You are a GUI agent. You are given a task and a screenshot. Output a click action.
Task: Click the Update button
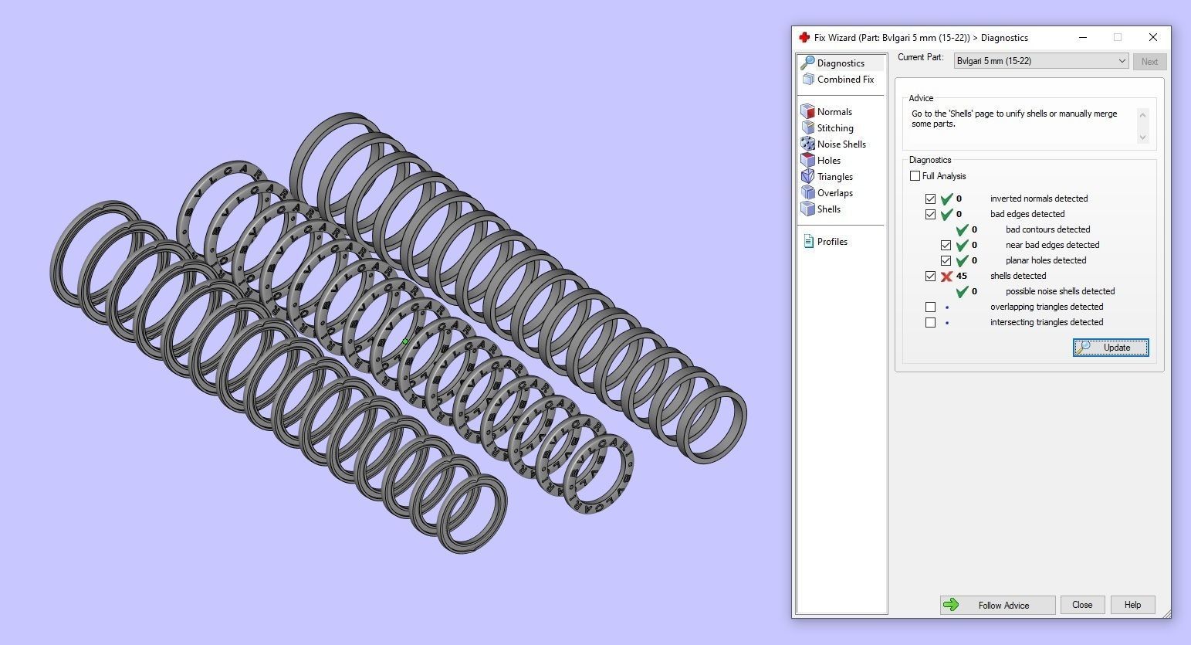[x=1110, y=348]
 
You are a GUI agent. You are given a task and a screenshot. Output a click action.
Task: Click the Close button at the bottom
[x=1081, y=605]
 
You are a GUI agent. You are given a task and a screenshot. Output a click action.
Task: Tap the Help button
[x=1132, y=605]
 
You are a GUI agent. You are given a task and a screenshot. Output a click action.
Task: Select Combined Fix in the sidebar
[x=844, y=80]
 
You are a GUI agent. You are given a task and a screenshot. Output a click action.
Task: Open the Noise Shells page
[x=841, y=144]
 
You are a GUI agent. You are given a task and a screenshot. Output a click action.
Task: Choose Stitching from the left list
[x=834, y=128]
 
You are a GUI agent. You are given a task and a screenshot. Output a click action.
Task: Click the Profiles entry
[x=831, y=242]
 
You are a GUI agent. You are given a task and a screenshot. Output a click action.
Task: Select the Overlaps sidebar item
[x=834, y=193]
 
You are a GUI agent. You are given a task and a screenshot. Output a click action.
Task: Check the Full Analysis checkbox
[x=915, y=176]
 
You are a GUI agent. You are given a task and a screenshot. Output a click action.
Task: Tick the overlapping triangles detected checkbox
[x=930, y=307]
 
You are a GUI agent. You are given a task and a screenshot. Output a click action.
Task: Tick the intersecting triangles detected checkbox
[x=930, y=323]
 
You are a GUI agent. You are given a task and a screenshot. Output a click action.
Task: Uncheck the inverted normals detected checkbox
[x=930, y=199]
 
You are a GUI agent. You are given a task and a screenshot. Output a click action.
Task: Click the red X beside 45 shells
[x=946, y=277]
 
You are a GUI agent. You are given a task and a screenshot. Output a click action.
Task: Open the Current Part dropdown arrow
[x=1122, y=61]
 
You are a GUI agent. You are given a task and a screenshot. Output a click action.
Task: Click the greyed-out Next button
[x=1149, y=62]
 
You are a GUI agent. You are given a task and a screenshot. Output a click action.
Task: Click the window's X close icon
[x=1152, y=37]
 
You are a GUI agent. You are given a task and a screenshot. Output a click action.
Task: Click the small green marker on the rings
[x=405, y=341]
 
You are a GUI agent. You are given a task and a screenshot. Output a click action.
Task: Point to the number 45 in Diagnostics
[x=962, y=276]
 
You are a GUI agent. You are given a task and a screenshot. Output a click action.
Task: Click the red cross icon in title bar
[x=804, y=37]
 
